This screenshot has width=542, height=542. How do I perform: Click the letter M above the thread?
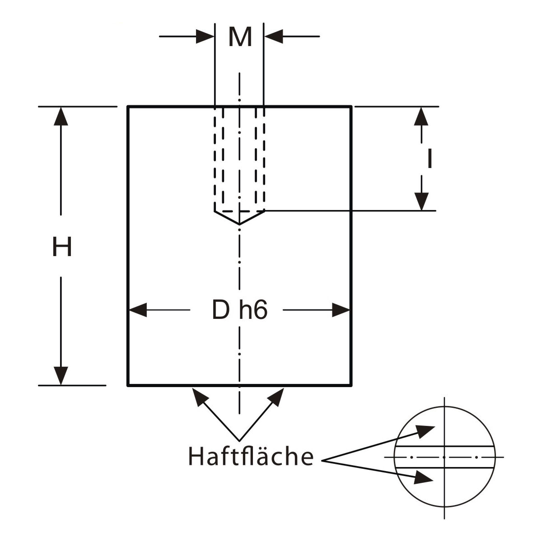tap(240, 37)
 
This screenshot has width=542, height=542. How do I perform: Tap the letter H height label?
tap(62, 247)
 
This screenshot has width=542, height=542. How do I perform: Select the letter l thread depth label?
tap(430, 159)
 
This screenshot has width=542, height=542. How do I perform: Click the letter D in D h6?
tap(221, 310)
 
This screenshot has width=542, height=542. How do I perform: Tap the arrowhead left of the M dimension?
tap(206, 36)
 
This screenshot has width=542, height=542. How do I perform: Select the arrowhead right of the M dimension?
tap(273, 36)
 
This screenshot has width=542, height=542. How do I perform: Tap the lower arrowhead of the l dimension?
tap(421, 201)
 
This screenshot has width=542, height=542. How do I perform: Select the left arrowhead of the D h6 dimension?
tap(138, 310)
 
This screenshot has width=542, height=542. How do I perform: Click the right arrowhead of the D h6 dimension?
tap(341, 310)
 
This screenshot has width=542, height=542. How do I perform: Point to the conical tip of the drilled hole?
tap(239, 223)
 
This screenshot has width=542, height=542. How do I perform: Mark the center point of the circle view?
tap(445, 457)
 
